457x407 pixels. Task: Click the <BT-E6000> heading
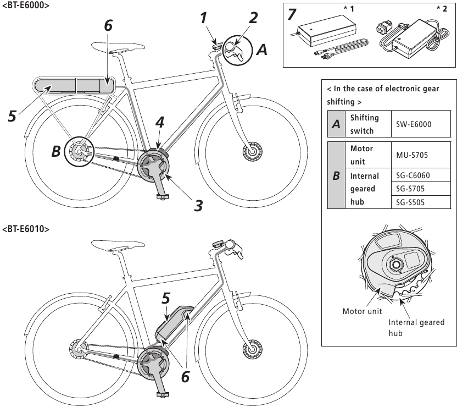pos(25,5)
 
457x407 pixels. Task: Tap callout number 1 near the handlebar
pos(204,18)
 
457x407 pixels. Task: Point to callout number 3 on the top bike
pos(198,205)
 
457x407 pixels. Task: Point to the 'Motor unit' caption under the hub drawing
pos(363,312)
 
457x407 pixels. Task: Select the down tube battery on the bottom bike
pos(173,324)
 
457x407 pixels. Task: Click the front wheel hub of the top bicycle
pos(253,148)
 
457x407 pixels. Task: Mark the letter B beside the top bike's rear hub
pos(56,152)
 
